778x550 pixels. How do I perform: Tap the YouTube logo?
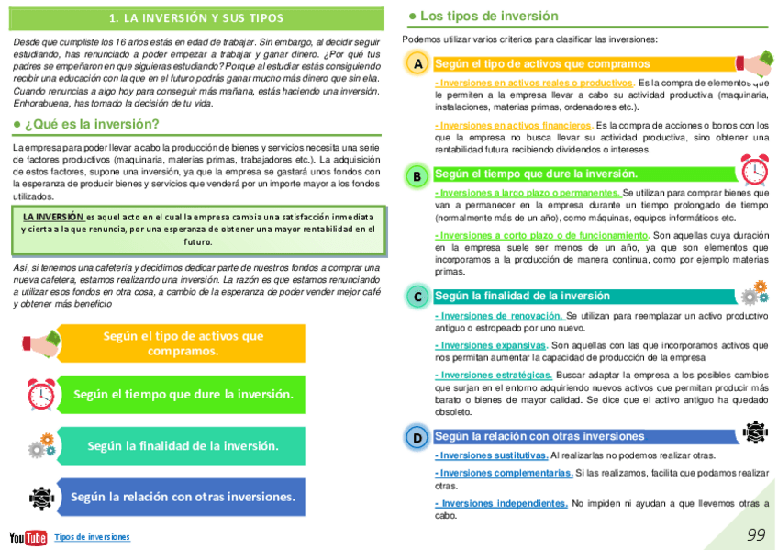point(28,538)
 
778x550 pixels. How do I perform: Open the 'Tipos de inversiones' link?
point(92,537)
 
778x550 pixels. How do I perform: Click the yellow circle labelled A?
point(417,64)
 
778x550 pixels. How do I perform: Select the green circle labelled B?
point(417,175)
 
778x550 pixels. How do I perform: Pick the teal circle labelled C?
point(417,297)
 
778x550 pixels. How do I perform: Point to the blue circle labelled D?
point(417,438)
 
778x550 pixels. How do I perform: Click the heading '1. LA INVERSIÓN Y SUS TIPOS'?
point(196,18)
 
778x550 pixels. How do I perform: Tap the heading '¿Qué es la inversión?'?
point(92,124)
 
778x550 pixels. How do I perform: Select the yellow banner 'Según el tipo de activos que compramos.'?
point(183,343)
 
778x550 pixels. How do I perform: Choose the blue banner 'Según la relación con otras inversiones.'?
point(183,497)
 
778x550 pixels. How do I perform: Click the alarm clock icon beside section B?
point(753,170)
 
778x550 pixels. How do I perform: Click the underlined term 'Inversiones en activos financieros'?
point(514,125)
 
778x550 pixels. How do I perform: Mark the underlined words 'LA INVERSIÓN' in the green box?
point(53,216)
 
